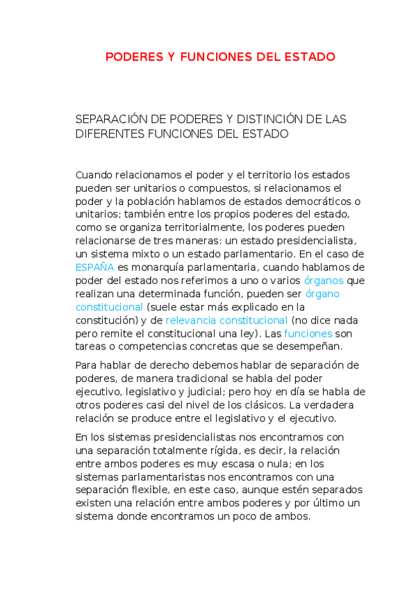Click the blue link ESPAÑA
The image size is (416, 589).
[x=94, y=267]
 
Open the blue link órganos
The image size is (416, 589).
[x=324, y=280]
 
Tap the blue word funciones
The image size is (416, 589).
[x=308, y=333]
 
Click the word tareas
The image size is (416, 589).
[x=91, y=347]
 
